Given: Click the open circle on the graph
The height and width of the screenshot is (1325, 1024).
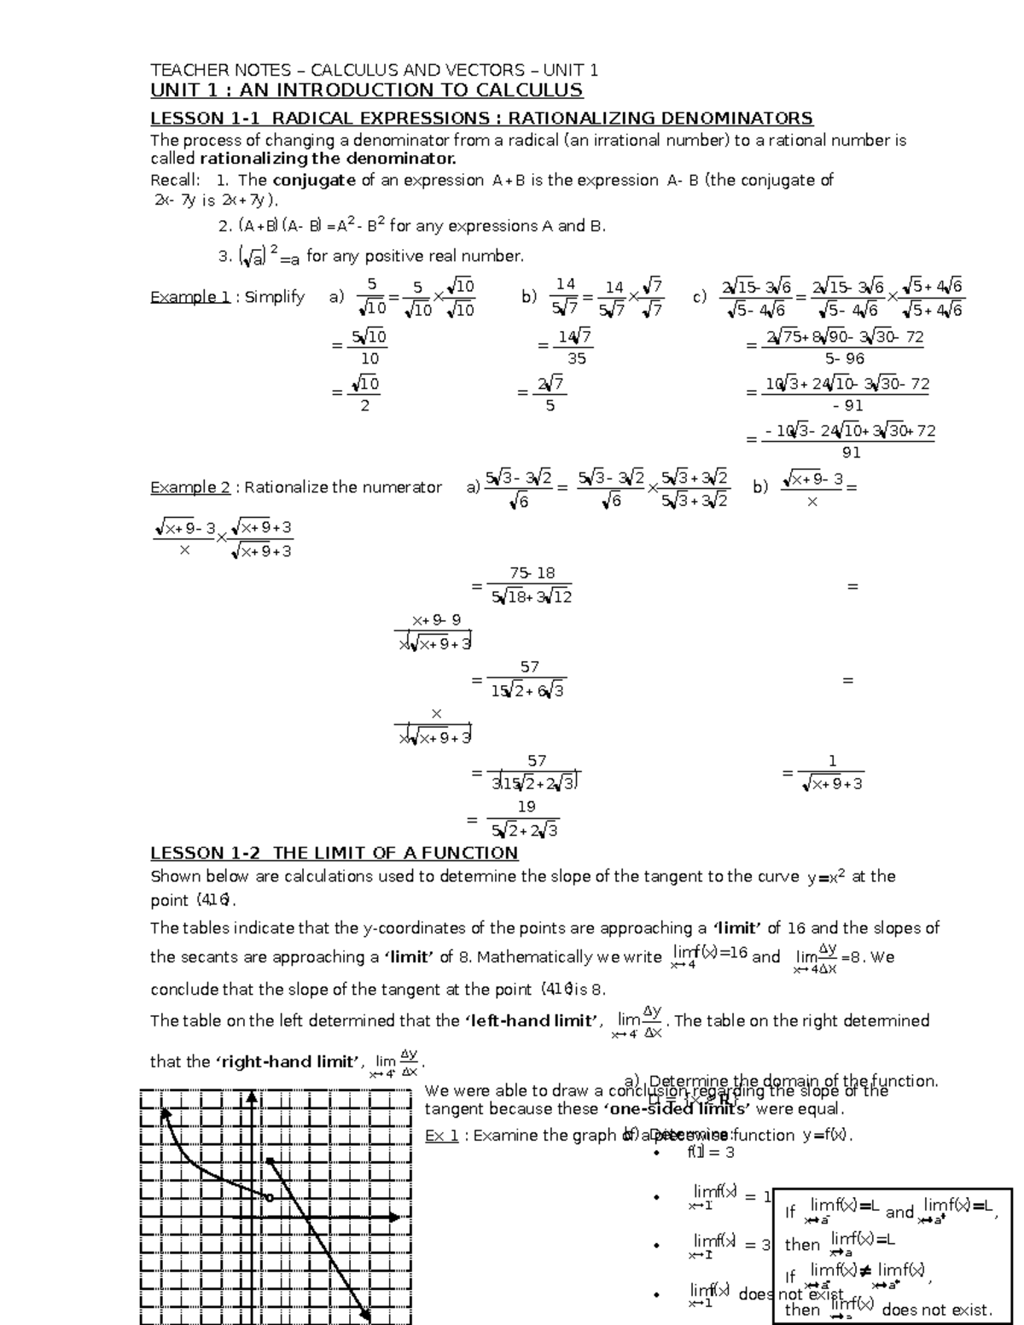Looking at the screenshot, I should (x=270, y=1198).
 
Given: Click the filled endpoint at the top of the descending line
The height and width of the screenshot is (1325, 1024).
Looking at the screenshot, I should (x=270, y=1160).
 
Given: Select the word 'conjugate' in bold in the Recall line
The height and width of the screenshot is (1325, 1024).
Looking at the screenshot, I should (x=313, y=180).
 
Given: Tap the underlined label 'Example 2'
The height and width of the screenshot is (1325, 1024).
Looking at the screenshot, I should (x=190, y=487).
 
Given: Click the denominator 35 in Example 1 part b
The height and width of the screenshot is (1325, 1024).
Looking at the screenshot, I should (x=577, y=359).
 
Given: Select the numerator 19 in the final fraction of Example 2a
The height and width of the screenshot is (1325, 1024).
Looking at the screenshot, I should (x=527, y=806).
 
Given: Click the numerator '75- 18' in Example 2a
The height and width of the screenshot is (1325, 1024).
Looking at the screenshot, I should (x=532, y=573).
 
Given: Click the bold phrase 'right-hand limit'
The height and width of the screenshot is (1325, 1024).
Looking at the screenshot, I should (x=288, y=1061).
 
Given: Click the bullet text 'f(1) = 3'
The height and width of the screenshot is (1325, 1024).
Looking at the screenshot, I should (x=711, y=1153).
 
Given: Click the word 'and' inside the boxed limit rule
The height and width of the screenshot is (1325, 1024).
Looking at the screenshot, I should (x=899, y=1212).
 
